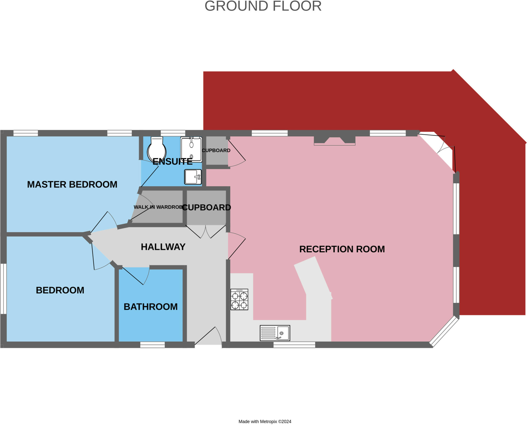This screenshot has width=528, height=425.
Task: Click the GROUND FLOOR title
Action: click(263, 6)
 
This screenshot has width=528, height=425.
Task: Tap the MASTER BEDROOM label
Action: click(72, 184)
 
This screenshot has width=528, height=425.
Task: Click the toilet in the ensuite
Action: click(156, 150)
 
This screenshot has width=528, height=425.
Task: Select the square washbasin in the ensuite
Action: click(193, 177)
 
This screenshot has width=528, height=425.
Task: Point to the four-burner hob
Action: click(239, 299)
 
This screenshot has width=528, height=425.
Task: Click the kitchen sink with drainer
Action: click(275, 333)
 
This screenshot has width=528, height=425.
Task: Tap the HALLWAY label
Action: click(163, 247)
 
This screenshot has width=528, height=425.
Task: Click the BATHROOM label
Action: click(151, 307)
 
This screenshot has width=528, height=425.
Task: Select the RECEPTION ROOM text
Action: click(342, 249)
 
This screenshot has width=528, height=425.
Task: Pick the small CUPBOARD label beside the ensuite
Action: click(216, 150)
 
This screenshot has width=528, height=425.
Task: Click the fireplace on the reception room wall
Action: click(335, 141)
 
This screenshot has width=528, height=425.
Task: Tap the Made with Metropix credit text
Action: click(265, 421)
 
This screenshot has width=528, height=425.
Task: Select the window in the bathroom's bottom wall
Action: click(152, 345)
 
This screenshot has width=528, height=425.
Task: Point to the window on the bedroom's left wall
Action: click(3, 289)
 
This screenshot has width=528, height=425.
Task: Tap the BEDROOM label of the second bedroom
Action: click(60, 290)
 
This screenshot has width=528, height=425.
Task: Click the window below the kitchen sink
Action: click(294, 345)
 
